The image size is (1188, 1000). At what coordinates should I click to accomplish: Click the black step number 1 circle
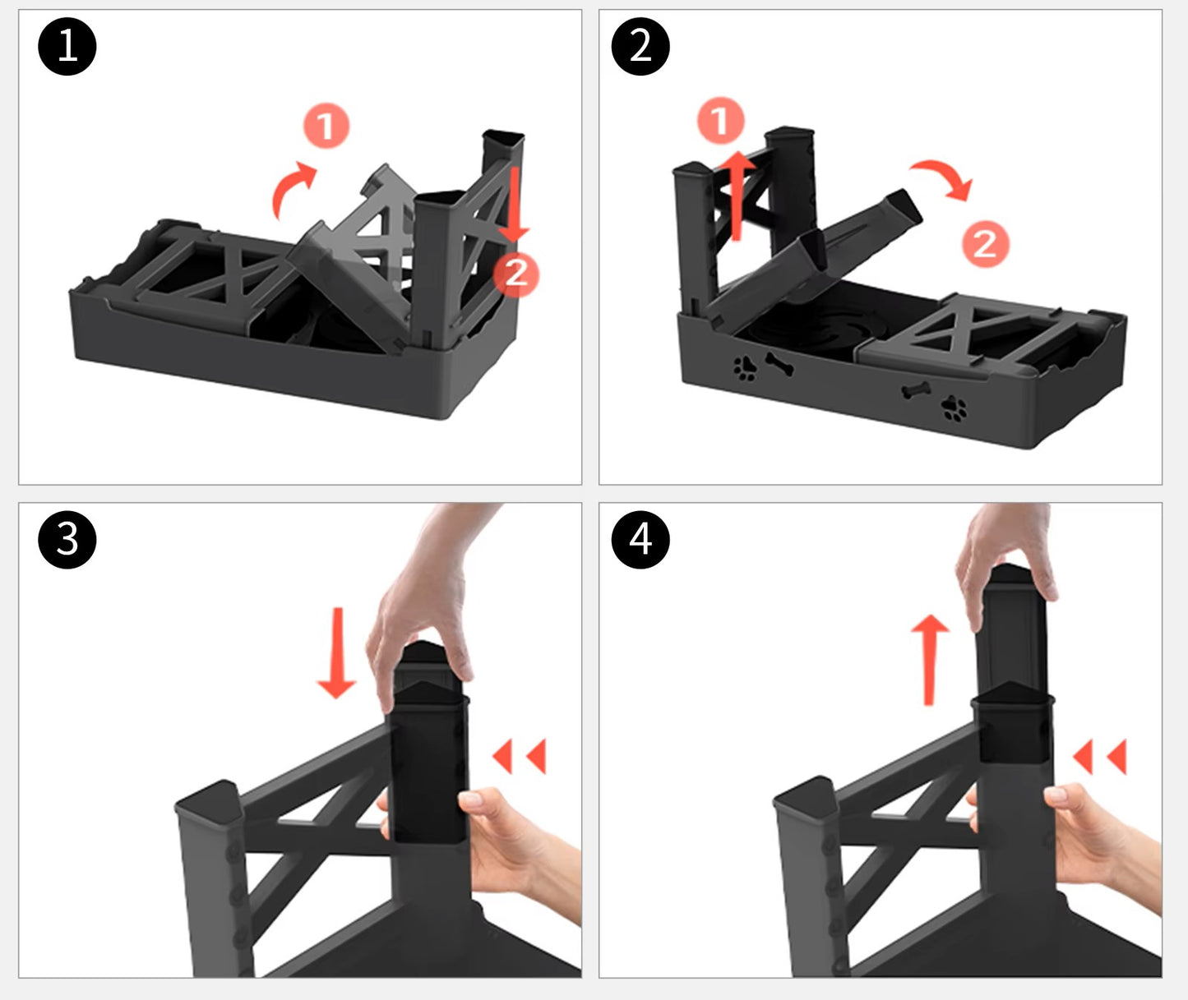pos(67,46)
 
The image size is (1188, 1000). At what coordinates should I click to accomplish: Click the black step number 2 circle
pos(640,46)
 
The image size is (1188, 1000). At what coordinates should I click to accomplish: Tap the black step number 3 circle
pos(67,539)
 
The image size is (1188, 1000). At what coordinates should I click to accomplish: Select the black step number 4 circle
pos(640,539)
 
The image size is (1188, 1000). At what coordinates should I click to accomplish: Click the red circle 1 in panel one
pos(326,126)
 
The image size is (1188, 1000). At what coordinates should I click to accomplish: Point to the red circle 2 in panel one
pos(516,274)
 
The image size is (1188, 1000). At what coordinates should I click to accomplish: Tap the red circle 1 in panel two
pos(721,121)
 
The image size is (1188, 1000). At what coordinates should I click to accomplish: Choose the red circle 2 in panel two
pos(986,244)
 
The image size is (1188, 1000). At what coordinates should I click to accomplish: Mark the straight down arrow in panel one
pos(515,205)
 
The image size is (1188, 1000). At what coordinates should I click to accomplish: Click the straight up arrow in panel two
pos(737,196)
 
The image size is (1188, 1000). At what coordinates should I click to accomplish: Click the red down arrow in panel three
pos(337,653)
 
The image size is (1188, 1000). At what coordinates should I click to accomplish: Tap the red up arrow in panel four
pos(930,660)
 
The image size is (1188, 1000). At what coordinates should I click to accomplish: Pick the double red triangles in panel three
pos(520,756)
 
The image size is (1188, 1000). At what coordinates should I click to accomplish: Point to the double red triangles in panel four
pos(1100,757)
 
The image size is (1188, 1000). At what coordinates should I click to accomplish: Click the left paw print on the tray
pos(745,369)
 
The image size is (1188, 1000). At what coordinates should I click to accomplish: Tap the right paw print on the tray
pos(955,408)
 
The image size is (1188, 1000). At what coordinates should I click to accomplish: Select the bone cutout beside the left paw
pos(779,364)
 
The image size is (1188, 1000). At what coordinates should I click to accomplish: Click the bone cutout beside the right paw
pos(917,391)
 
